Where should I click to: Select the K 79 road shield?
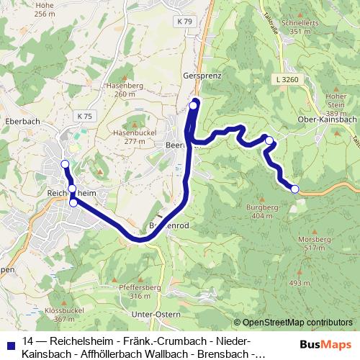pyautogui.click(x=185, y=22)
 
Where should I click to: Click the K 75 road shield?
pyautogui.click(x=86, y=115)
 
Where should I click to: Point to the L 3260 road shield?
pyautogui.click(x=286, y=78)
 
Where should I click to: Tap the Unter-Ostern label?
pyautogui.click(x=156, y=315)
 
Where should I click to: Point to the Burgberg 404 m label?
pyautogui.click(x=261, y=211)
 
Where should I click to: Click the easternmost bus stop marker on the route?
pyautogui.click(x=294, y=189)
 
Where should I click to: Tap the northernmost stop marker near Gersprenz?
pyautogui.click(x=194, y=107)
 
